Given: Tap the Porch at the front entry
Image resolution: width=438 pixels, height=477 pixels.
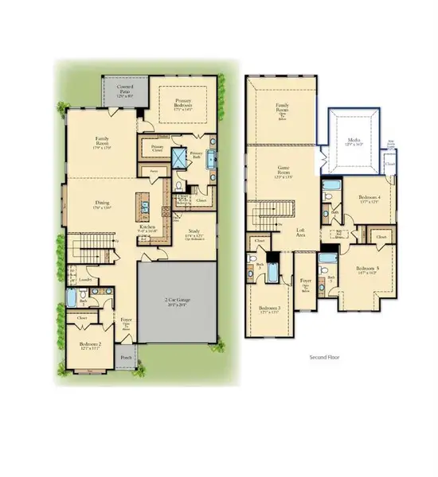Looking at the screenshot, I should coord(126,356).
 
